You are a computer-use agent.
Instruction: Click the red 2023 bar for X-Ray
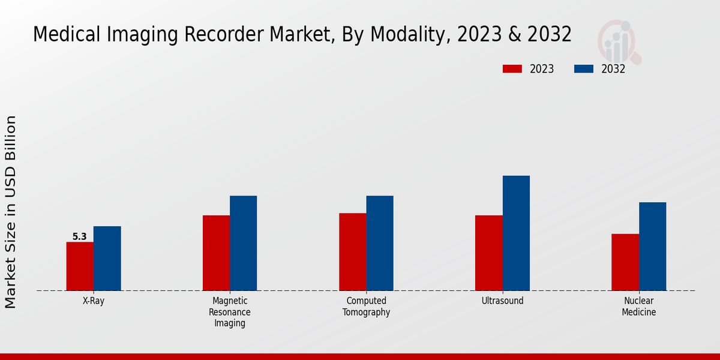point(80,266)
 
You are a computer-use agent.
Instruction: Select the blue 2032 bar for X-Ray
point(107,259)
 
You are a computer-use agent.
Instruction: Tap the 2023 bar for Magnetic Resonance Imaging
point(216,253)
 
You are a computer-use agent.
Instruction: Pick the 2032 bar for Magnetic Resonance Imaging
point(243,243)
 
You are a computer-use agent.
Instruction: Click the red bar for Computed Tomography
point(352,252)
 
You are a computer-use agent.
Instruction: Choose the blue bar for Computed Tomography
point(380,243)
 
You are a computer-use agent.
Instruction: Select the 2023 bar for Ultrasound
point(488,253)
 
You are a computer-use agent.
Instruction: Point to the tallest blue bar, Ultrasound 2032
point(516,233)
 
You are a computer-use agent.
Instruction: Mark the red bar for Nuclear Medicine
point(625,262)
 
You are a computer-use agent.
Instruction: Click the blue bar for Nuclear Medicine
point(652,247)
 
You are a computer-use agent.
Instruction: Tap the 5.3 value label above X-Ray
point(80,237)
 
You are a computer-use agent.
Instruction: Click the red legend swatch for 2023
point(512,69)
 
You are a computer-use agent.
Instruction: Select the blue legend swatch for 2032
point(584,69)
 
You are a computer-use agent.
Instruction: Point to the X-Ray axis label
point(94,301)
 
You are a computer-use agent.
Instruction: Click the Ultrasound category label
point(502,301)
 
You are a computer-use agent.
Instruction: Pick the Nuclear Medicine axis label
point(638,307)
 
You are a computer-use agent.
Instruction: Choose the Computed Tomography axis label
point(366,307)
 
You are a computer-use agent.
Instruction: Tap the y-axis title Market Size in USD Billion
point(11,212)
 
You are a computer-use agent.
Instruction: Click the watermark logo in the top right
point(619,41)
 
